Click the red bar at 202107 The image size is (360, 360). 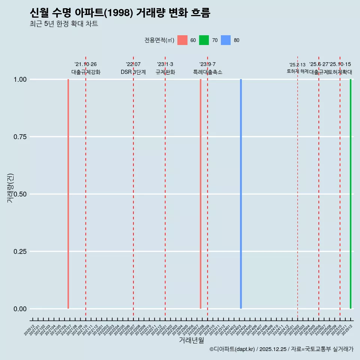(68, 194)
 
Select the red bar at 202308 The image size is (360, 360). (201, 194)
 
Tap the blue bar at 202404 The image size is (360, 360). (241, 194)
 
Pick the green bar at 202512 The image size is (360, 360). (351, 194)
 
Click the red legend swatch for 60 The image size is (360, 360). (182, 40)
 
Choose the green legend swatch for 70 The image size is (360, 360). (204, 40)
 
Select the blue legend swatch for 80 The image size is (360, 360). (226, 40)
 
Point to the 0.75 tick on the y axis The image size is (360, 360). (20, 137)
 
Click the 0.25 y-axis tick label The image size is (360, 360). (20, 252)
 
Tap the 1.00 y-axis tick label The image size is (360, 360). (20, 79)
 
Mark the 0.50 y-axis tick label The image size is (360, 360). (20, 194)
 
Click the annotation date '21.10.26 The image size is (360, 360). (85, 64)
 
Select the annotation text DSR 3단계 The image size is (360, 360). (133, 72)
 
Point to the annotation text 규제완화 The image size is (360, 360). (165, 72)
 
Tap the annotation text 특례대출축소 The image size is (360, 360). (207, 72)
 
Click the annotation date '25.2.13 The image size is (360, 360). (297, 65)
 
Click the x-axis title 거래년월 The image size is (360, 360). (191, 340)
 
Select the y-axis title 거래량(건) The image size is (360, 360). (10, 188)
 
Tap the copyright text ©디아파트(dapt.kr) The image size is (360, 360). (232, 349)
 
